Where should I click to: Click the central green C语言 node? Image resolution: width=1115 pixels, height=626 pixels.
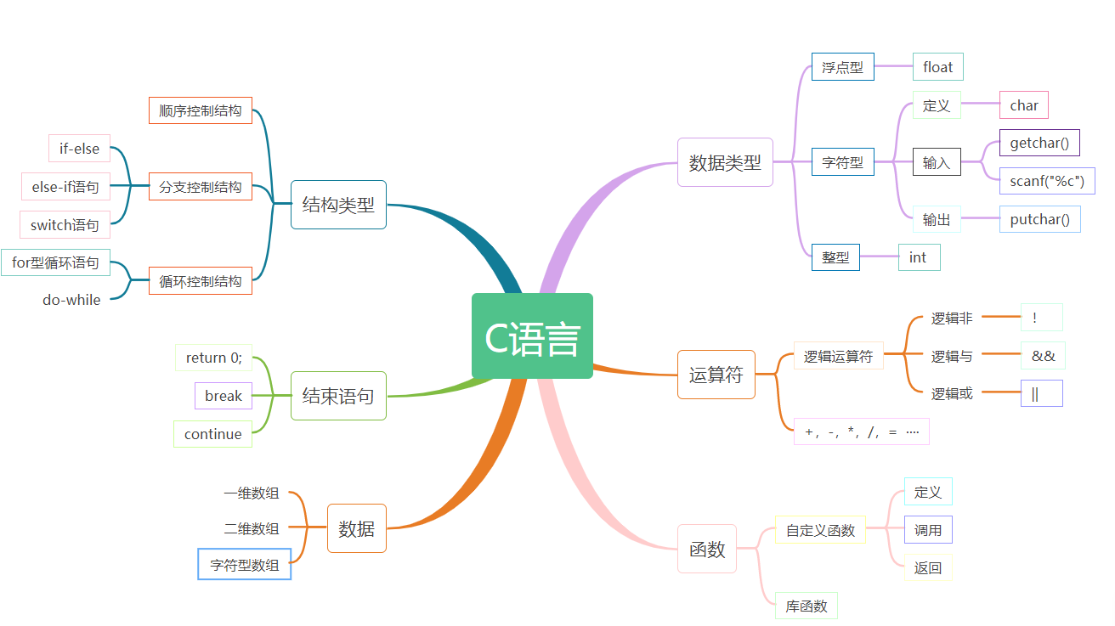[x=532, y=336]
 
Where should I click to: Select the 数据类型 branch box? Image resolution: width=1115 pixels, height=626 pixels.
[x=725, y=162]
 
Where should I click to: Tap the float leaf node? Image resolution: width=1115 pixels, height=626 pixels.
[x=937, y=67]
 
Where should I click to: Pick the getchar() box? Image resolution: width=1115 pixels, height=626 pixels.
[x=1039, y=143]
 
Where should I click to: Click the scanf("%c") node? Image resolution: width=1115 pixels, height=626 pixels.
[x=1046, y=181]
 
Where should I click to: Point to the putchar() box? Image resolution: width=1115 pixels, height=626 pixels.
[x=1039, y=219]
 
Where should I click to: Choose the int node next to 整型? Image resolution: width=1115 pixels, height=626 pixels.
[x=918, y=257]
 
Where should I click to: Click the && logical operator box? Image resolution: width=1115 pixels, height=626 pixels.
[x=1043, y=356]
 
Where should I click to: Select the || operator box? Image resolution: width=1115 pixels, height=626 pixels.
[x=1041, y=393]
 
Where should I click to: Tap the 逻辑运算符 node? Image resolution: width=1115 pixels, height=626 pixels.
[x=838, y=357]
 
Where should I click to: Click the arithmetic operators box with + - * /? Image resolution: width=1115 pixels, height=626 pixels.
[x=861, y=431]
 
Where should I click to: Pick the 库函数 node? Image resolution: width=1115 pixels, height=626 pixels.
[x=806, y=606]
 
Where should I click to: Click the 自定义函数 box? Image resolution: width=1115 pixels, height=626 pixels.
[x=820, y=530]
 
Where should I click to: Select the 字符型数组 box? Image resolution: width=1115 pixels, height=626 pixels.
[x=245, y=564]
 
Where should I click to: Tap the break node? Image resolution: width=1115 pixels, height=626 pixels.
[x=224, y=396]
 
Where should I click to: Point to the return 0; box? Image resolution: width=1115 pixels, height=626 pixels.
[x=213, y=358]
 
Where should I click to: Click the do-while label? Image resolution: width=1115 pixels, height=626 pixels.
[x=71, y=300]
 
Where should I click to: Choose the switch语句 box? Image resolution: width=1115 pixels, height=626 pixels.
[x=65, y=225]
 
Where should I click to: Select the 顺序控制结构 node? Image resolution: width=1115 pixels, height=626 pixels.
[x=201, y=110]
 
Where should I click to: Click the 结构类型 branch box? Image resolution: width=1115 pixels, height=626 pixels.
[x=338, y=205]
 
